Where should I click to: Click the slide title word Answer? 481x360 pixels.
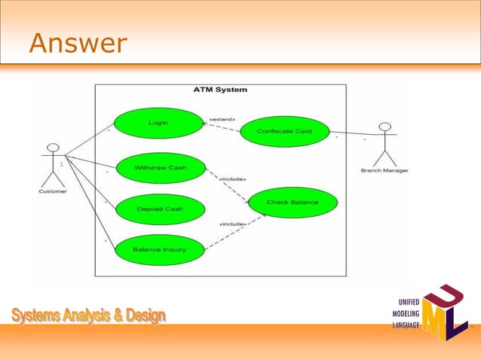(x=78, y=44)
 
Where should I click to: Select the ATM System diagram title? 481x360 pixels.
(x=220, y=90)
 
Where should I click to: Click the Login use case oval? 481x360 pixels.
(x=158, y=123)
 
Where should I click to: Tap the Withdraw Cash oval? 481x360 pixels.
(x=159, y=167)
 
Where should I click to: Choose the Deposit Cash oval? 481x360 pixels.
(x=159, y=209)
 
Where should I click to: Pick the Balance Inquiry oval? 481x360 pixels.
(x=159, y=249)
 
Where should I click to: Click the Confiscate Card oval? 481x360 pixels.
(x=284, y=131)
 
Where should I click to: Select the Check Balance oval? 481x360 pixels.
(x=293, y=202)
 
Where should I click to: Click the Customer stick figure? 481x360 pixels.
(x=52, y=163)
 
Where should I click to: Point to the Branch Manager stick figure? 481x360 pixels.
(x=385, y=143)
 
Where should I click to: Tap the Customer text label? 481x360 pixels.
(x=52, y=191)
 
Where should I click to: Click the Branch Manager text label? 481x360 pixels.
(x=385, y=171)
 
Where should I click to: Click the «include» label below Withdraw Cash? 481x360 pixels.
(x=232, y=179)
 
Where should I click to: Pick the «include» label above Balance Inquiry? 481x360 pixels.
(x=232, y=224)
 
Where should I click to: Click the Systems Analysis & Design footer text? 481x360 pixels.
(x=88, y=316)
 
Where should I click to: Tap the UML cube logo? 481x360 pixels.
(x=444, y=312)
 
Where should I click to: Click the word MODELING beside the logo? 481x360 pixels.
(x=406, y=313)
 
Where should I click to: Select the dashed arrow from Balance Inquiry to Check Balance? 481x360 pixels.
(x=234, y=234)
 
